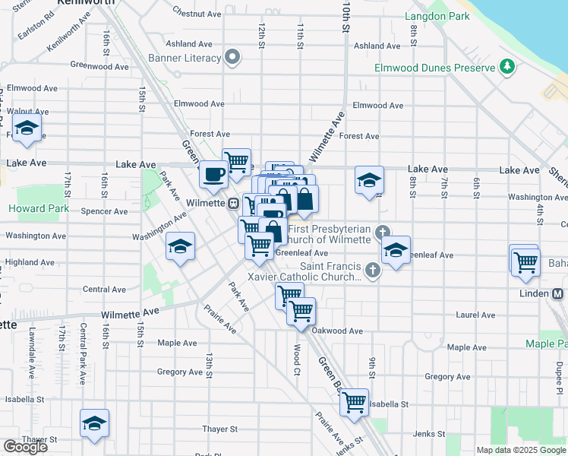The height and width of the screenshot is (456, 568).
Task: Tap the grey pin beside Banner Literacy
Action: coord(233,57)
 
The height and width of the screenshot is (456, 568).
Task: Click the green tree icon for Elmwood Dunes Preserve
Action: coord(506,67)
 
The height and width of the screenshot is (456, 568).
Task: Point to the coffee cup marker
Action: coord(213,175)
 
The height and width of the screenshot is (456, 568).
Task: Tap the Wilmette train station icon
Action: coord(235,203)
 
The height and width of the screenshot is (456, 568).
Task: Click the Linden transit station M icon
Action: coord(558,293)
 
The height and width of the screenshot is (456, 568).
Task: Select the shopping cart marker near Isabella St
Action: coord(355,403)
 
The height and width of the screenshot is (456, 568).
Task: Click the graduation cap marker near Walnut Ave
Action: coord(27,130)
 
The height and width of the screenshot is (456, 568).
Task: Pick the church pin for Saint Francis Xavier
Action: coord(372,269)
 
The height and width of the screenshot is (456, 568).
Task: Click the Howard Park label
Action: coord(39,208)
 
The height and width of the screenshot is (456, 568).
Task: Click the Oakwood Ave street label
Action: coord(338,331)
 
